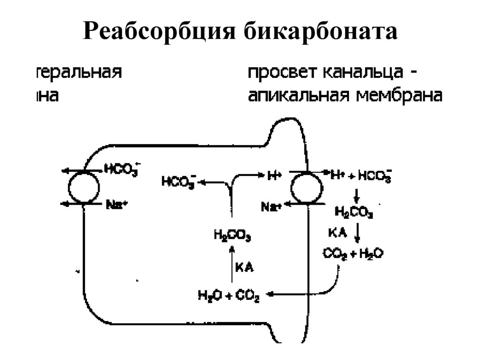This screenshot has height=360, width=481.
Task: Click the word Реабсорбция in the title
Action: pyautogui.click(x=160, y=32)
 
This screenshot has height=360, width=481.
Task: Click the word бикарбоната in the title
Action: pyautogui.click(x=320, y=32)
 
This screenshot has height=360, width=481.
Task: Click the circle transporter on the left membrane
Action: pyautogui.click(x=84, y=187)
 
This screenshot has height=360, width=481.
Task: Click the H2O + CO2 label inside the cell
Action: pyautogui.click(x=229, y=295)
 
